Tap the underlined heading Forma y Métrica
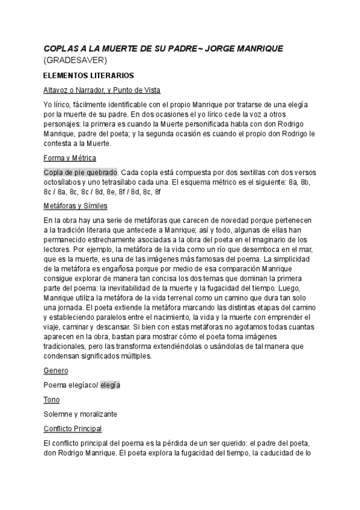coord(70,158)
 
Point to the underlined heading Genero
coord(56,370)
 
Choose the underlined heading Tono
coord(52,399)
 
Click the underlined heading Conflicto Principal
coord(73,428)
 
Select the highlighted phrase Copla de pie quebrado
coord(81,172)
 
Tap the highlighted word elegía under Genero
coord(110,385)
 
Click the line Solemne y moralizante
coord(80,414)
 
